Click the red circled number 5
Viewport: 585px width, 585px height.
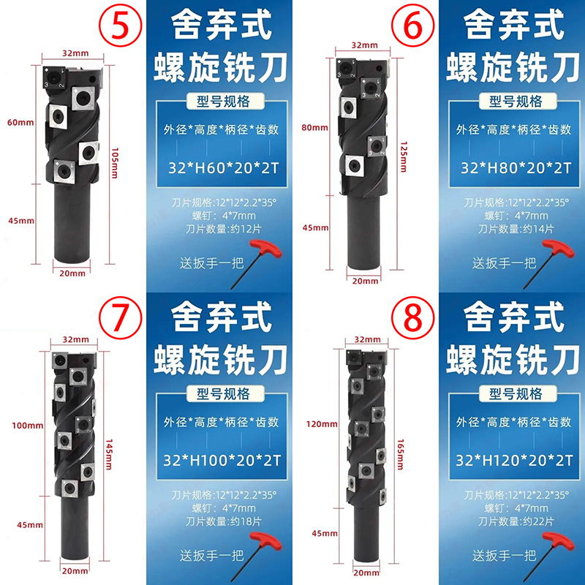[120, 25]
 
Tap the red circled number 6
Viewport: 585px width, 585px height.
[412, 25]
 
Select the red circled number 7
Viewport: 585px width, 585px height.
[120, 317]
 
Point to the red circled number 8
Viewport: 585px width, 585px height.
[412, 317]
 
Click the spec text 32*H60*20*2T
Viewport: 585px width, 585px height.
[224, 168]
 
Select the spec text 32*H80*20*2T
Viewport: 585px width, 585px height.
[516, 168]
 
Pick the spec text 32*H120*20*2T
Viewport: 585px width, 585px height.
[515, 461]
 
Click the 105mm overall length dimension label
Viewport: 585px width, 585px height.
[115, 163]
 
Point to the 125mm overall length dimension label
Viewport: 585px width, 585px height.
[404, 156]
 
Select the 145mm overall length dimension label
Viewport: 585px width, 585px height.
[109, 454]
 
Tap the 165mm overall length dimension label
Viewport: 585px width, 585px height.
[400, 454]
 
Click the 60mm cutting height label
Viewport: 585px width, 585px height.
[20, 122]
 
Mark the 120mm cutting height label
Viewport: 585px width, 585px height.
[322, 424]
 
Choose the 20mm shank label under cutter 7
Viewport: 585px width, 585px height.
[75, 570]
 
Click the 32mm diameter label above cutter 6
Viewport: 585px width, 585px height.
[364, 45]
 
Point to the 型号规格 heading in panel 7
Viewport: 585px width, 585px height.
[223, 393]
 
